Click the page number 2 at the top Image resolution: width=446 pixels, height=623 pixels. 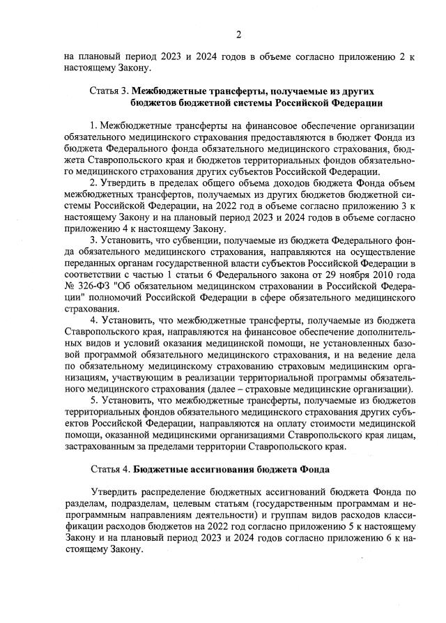[x=238, y=35]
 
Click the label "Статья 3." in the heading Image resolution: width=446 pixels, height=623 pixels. [x=109, y=91]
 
